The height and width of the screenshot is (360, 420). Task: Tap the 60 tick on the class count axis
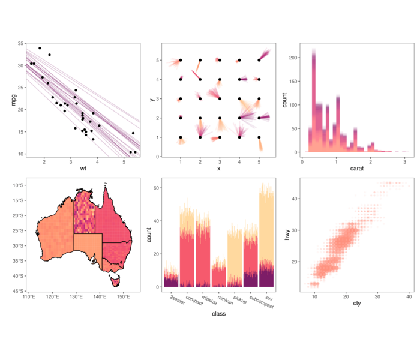(158, 188)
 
